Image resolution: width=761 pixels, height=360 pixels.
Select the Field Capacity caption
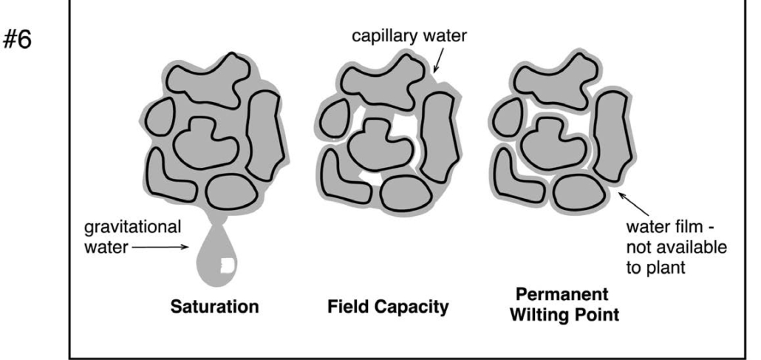click(x=387, y=306)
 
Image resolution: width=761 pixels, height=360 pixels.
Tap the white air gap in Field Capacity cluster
click(x=367, y=177)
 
